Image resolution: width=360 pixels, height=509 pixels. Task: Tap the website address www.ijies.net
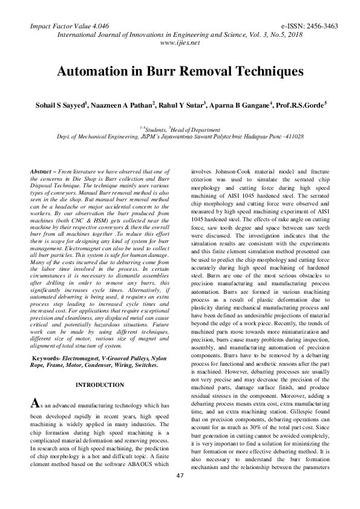[x=180, y=43]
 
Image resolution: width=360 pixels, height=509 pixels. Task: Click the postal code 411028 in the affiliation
[x=292, y=137]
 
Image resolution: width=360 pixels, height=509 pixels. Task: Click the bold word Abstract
[x=41, y=172]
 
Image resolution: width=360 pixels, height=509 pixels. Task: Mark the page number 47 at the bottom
[x=180, y=494]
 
